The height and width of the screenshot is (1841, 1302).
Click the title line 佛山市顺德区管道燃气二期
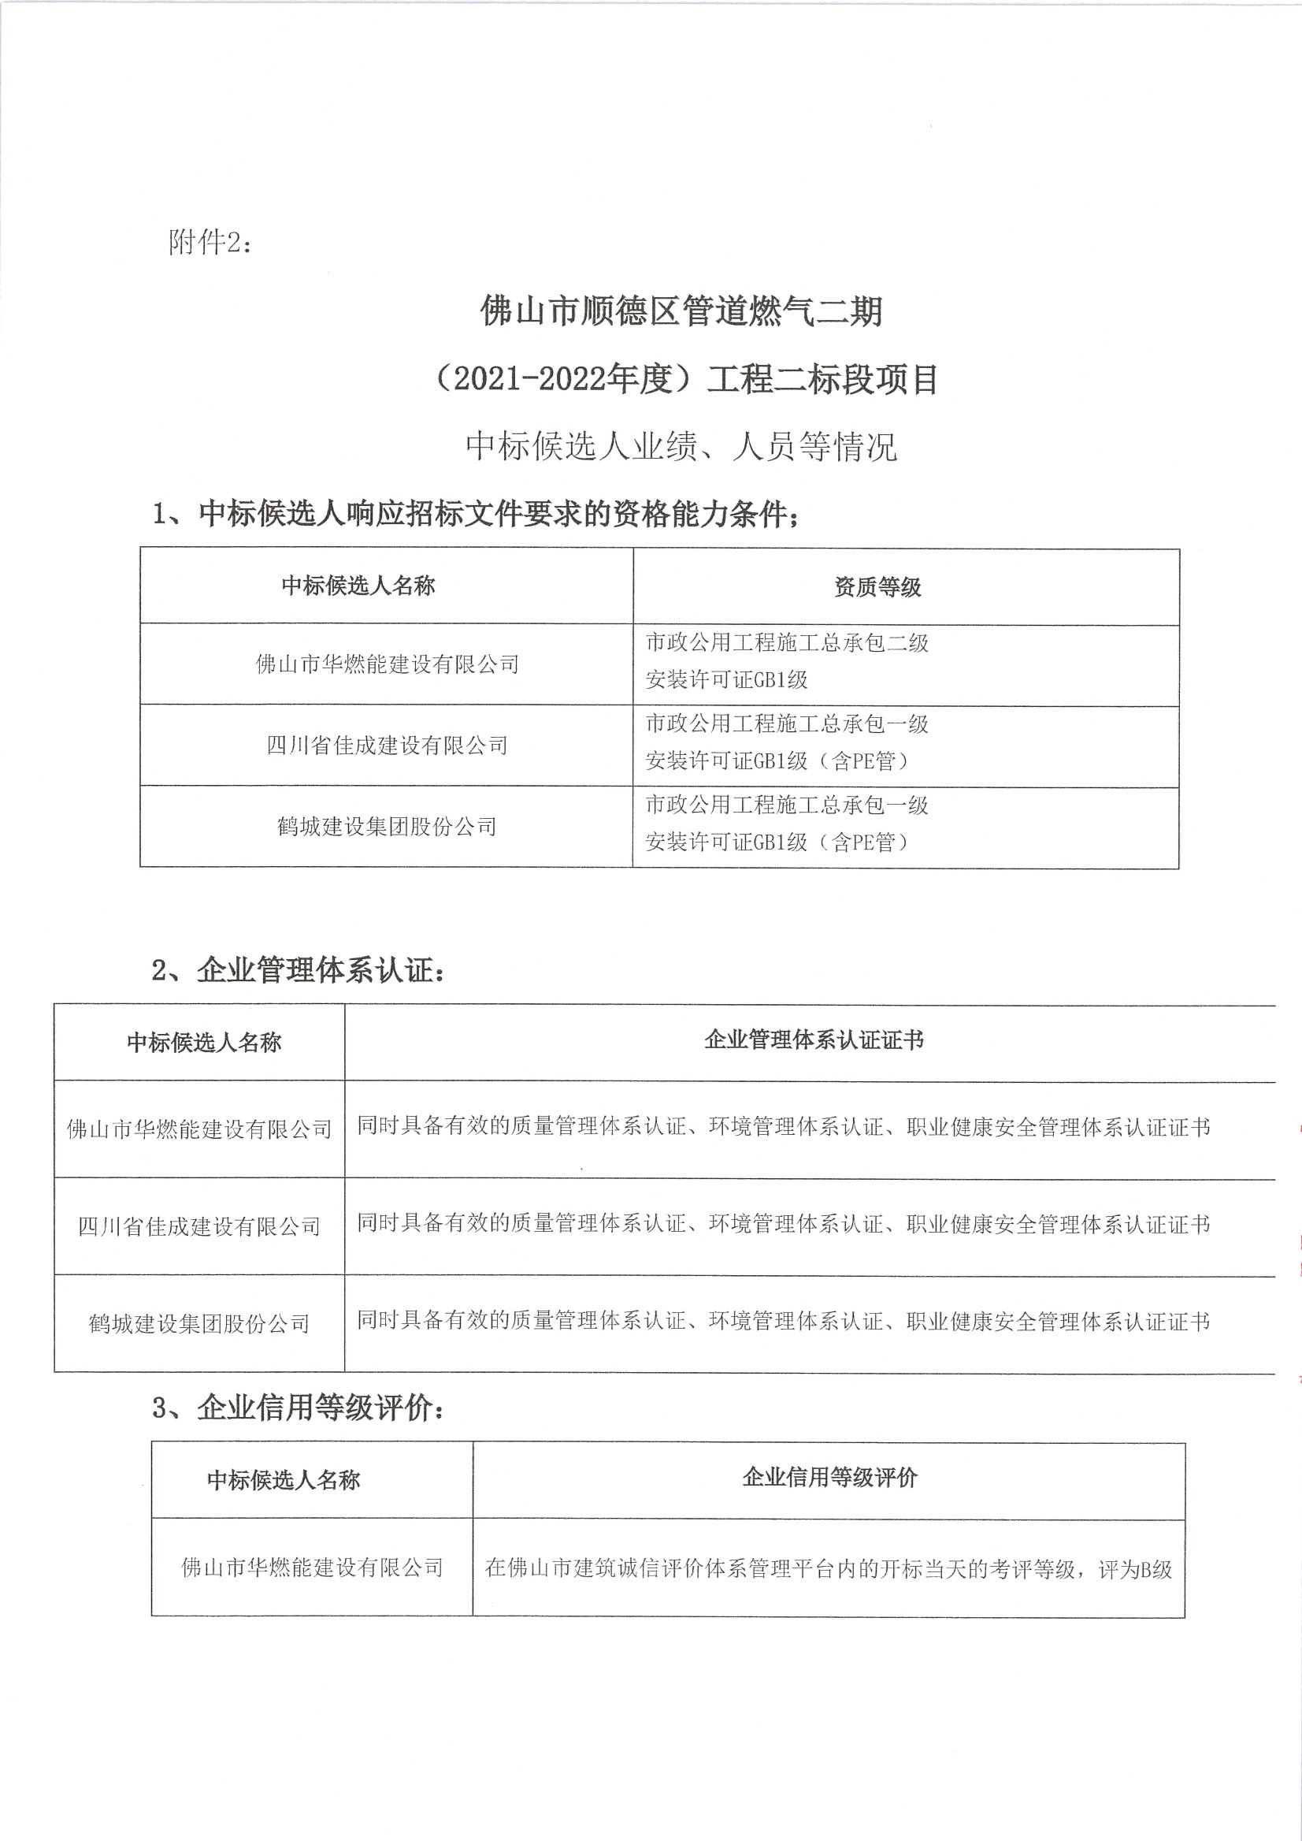click(681, 311)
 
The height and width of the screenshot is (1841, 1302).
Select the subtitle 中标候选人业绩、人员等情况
click(681, 447)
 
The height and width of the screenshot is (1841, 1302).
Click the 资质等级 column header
click(877, 587)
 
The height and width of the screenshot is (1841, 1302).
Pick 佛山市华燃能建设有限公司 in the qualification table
click(387, 664)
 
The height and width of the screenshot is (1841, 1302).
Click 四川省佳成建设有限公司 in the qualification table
click(387, 746)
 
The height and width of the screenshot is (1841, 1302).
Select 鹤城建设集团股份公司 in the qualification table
click(387, 826)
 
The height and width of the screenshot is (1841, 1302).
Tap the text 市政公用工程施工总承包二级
click(787, 642)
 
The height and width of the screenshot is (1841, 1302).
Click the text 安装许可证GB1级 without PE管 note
click(726, 680)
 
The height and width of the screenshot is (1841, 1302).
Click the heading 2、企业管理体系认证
click(298, 971)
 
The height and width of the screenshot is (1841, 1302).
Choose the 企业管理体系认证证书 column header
click(813, 1040)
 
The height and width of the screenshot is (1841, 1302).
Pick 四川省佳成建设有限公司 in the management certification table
click(198, 1226)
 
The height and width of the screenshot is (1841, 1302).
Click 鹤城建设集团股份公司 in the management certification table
click(198, 1323)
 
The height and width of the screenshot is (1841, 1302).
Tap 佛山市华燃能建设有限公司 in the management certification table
click(198, 1129)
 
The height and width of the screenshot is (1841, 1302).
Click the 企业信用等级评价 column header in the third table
click(829, 1478)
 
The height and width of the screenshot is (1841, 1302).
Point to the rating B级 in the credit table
click(1155, 1569)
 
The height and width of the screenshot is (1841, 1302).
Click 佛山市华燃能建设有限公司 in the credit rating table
click(312, 1568)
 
